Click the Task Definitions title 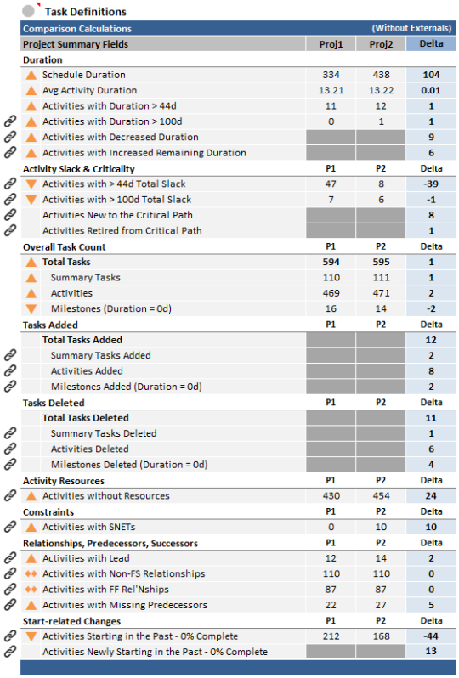click(x=86, y=12)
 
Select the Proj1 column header click(x=331, y=44)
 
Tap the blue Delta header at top click(x=431, y=43)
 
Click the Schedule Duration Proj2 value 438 click(x=381, y=75)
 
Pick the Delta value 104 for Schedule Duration click(x=431, y=75)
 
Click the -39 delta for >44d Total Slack click(x=430, y=184)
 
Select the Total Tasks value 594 click(x=331, y=262)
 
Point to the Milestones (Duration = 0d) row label click(x=111, y=308)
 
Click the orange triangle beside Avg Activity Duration click(x=31, y=91)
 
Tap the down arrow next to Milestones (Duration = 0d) click(x=31, y=308)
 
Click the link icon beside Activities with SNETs click(x=10, y=527)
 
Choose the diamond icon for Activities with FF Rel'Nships click(x=31, y=590)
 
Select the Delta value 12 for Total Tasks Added click(x=431, y=340)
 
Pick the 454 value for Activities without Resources click(x=381, y=496)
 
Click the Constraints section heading click(x=48, y=512)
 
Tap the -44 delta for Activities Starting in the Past click(x=430, y=636)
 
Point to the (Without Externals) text click(x=412, y=28)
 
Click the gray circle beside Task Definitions click(x=29, y=11)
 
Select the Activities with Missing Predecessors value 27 click(x=381, y=605)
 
